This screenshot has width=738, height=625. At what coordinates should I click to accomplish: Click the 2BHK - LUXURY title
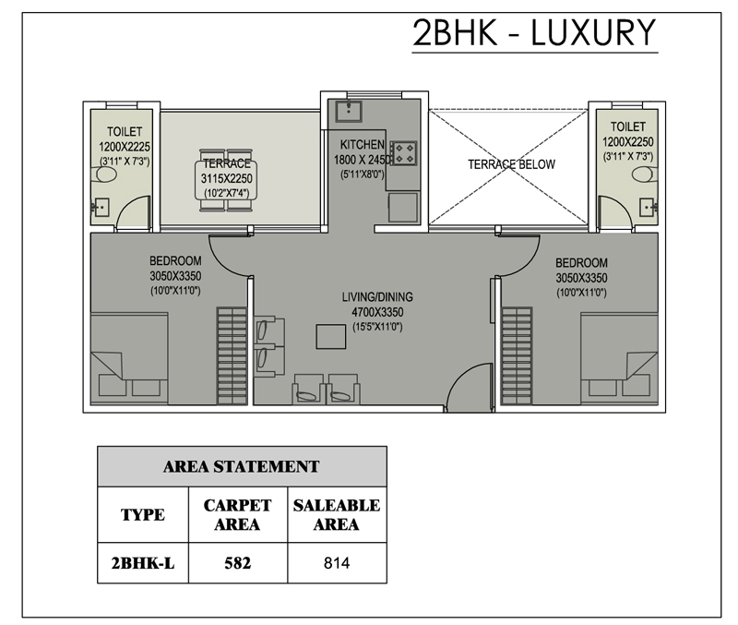click(534, 32)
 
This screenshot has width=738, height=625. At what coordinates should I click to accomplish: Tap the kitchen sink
click(349, 111)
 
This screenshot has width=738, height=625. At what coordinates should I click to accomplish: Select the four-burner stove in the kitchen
click(403, 153)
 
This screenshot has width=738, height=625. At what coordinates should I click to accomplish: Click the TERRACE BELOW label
click(511, 164)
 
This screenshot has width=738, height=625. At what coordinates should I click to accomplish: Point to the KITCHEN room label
click(362, 145)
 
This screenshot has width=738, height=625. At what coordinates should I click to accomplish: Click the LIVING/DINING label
click(377, 297)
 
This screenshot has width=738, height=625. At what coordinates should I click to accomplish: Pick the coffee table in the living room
click(331, 336)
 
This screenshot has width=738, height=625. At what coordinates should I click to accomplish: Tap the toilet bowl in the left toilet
click(106, 175)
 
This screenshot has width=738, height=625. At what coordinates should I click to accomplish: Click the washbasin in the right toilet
click(648, 207)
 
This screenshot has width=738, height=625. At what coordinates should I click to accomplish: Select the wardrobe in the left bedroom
click(232, 355)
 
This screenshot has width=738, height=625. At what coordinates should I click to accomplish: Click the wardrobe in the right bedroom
click(517, 355)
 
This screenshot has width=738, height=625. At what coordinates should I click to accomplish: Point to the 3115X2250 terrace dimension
click(226, 178)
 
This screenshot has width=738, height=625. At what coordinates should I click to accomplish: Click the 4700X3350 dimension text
click(377, 312)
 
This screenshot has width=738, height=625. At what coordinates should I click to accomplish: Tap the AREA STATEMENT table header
click(242, 467)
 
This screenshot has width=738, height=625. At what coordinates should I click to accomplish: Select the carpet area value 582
click(238, 563)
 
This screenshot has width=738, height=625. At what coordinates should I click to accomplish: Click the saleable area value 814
click(337, 563)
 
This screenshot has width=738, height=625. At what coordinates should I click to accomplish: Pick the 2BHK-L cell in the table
click(143, 563)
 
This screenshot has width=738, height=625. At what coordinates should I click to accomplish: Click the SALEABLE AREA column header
click(337, 514)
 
